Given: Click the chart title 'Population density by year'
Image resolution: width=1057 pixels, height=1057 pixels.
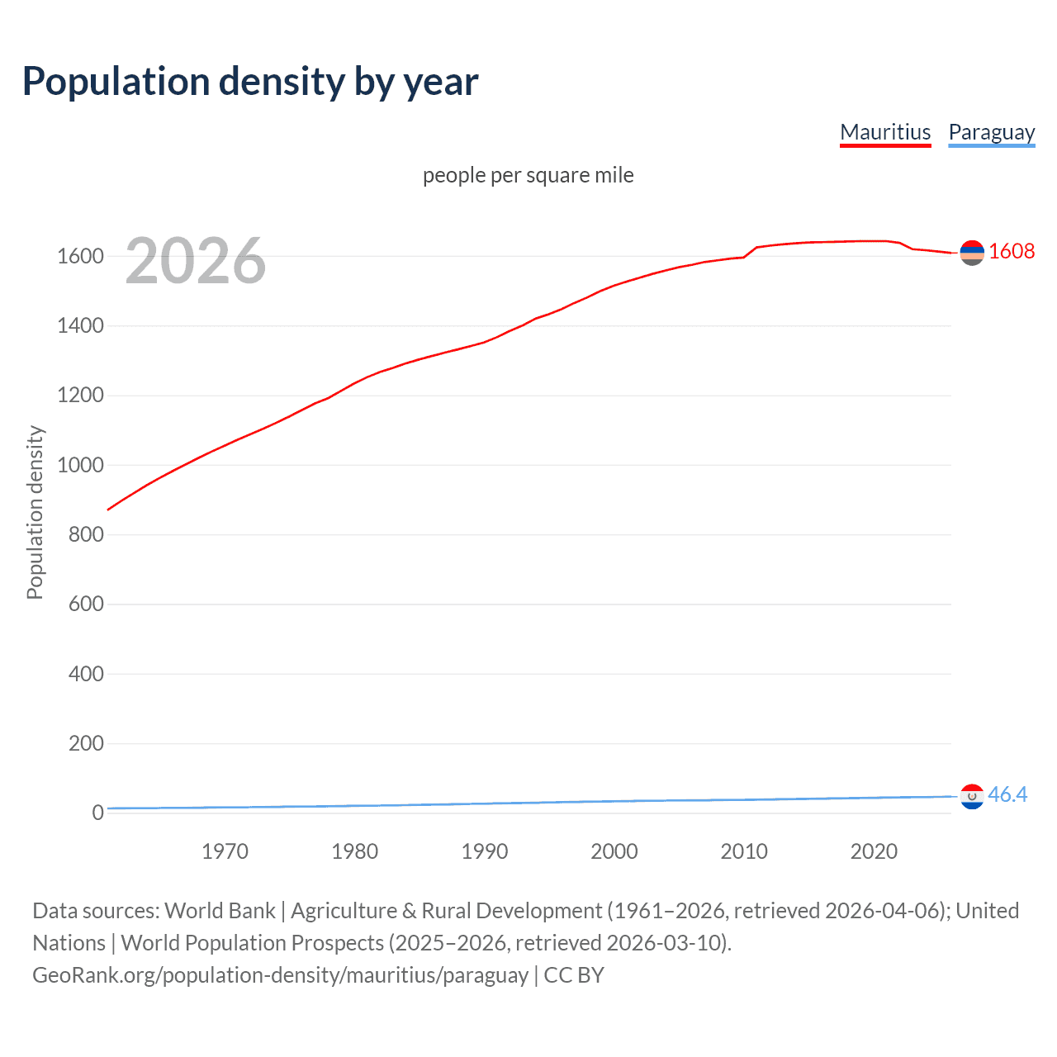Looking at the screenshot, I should (x=250, y=82).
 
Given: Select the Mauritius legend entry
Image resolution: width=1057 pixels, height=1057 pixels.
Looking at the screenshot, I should (x=885, y=132).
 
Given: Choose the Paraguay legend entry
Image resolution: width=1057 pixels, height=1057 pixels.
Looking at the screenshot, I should (x=991, y=132).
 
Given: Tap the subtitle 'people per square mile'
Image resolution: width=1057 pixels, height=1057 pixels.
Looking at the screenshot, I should (x=528, y=175).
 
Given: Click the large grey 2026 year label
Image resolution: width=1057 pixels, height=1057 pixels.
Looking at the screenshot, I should (x=196, y=261).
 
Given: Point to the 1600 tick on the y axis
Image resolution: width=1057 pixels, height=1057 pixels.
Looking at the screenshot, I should (x=80, y=256).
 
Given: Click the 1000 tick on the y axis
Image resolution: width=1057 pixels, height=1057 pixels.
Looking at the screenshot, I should (x=80, y=465).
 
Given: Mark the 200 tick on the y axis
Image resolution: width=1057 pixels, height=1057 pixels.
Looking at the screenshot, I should (x=86, y=743).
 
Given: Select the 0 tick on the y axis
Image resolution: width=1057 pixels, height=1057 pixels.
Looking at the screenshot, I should (x=97, y=813).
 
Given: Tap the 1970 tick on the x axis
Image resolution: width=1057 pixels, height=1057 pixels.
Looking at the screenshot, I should (x=225, y=851).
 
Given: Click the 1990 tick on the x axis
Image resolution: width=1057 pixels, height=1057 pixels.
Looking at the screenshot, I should (x=485, y=851).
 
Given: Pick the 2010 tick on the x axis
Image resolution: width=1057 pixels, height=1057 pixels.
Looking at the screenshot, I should (x=744, y=851).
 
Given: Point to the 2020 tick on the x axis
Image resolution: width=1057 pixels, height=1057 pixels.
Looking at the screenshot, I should (x=874, y=851).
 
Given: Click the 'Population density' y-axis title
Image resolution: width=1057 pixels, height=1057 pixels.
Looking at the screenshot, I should (x=35, y=512).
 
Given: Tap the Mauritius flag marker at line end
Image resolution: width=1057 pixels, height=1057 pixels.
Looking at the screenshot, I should (x=972, y=253).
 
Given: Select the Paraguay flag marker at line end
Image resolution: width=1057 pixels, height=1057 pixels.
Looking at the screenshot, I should (x=972, y=796).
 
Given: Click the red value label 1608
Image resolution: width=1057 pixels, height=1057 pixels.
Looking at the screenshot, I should (x=1012, y=252).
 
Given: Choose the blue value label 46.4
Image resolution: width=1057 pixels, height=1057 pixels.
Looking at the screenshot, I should (x=1007, y=794).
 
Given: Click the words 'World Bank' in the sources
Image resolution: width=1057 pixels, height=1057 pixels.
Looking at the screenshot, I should (x=220, y=910).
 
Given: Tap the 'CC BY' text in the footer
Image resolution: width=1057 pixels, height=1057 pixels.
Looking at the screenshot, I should (x=574, y=974).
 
